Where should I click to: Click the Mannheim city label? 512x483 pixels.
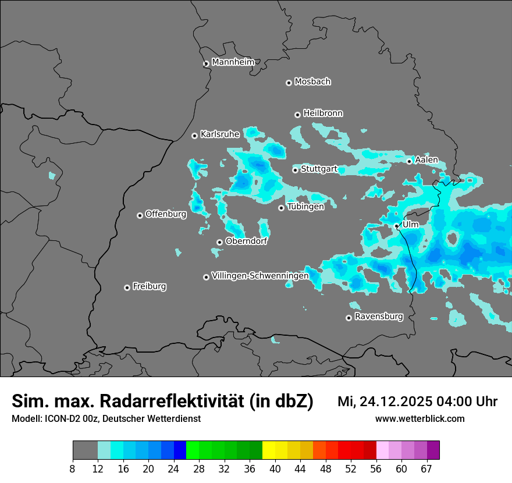click(233, 62)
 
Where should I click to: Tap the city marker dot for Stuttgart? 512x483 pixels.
click(296, 170)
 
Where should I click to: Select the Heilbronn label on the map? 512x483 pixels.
click(323, 113)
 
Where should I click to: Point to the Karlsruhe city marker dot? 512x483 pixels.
click(195, 136)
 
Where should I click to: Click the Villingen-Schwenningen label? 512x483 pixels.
click(260, 276)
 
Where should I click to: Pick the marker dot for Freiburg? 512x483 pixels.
click(127, 287)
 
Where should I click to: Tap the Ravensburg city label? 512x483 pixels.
click(379, 317)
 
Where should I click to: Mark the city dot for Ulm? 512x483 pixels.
click(396, 226)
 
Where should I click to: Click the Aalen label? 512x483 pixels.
click(426, 160)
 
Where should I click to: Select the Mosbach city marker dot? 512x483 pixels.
click(289, 83)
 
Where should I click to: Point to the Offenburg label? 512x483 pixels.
click(166, 214)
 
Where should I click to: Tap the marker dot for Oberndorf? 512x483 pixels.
click(219, 242)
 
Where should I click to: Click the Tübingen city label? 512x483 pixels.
click(305, 207)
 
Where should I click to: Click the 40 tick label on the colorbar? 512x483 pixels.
click(275, 468)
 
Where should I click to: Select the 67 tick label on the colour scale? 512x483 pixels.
click(426, 468)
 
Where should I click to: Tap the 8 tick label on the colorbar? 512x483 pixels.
click(73, 468)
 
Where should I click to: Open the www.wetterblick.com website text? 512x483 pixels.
click(419, 419)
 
